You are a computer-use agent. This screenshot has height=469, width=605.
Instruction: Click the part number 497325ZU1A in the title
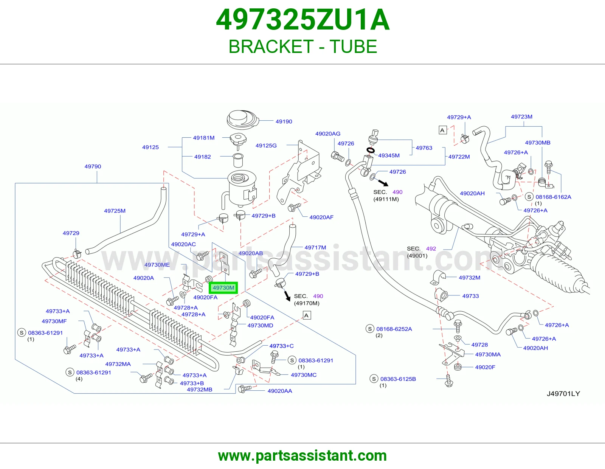(302, 20)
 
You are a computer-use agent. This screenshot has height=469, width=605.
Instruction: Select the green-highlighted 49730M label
(223, 288)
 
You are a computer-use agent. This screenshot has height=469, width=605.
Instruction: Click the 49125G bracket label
(266, 146)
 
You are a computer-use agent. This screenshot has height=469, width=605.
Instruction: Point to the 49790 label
(93, 166)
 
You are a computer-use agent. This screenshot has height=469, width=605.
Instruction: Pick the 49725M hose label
(115, 211)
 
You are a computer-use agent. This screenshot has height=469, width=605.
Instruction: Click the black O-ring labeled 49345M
(371, 151)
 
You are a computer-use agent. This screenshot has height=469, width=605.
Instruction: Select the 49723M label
(521, 117)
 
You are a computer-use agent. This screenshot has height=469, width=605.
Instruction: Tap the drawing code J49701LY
(563, 393)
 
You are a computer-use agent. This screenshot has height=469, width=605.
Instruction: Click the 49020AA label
(280, 391)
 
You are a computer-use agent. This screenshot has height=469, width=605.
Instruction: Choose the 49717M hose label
(315, 247)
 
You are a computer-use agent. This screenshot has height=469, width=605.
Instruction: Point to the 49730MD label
(260, 325)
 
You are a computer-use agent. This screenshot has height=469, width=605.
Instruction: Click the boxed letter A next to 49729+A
(443, 130)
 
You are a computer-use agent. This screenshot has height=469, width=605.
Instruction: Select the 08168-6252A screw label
(394, 329)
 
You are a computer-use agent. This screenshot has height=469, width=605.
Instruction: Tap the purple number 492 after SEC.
(431, 248)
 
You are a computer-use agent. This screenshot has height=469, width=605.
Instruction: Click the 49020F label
(485, 367)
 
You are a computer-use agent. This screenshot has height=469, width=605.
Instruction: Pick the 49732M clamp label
(469, 277)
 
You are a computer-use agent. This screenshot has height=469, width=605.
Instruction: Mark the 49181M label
(204, 138)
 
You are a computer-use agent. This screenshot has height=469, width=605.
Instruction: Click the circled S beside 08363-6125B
(374, 379)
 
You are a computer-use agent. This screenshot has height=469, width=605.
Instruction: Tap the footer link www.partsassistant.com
(302, 456)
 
